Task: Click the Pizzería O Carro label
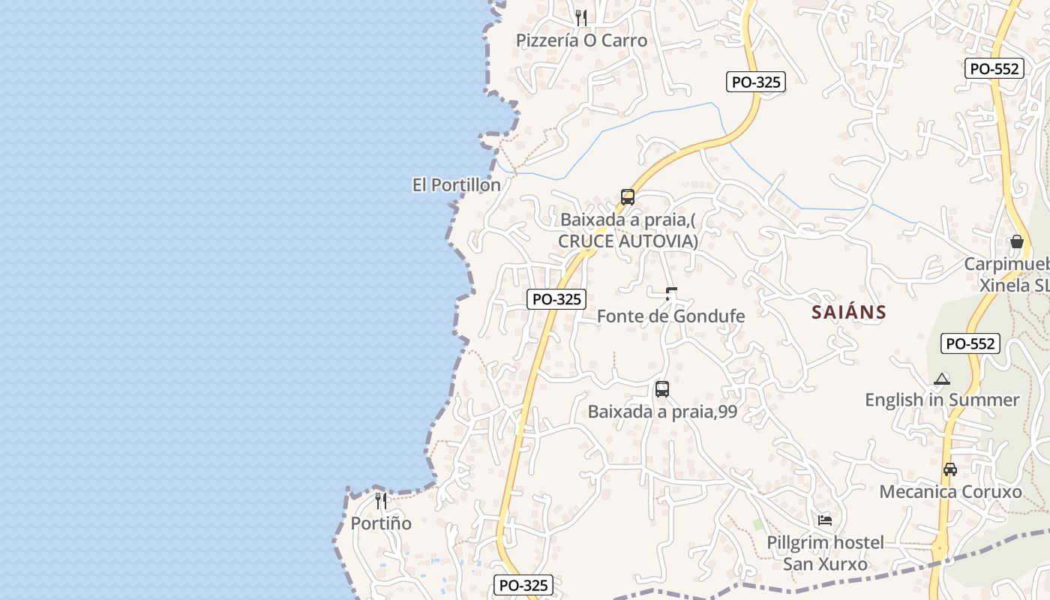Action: click(x=581, y=40)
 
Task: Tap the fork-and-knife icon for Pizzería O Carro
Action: click(x=581, y=17)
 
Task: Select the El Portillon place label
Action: click(x=456, y=184)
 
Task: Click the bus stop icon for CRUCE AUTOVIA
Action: click(x=628, y=197)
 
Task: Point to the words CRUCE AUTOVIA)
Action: click(x=628, y=241)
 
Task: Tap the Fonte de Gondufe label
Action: click(x=670, y=316)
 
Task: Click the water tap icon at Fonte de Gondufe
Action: click(x=671, y=293)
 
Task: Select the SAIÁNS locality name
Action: click(x=849, y=312)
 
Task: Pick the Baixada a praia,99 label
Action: click(x=662, y=412)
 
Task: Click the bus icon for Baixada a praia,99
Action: click(x=661, y=388)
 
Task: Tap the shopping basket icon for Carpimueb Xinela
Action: click(x=1016, y=241)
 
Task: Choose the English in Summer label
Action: click(x=942, y=400)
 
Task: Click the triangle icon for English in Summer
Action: click(x=942, y=379)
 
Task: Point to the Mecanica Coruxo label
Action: click(x=950, y=492)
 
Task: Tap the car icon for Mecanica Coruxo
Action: click(x=950, y=469)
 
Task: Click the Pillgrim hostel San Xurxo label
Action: click(x=825, y=553)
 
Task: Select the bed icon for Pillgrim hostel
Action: click(x=825, y=520)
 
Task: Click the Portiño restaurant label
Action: click(x=381, y=523)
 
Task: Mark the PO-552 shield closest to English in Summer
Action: click(x=970, y=343)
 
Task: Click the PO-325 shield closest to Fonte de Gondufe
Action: click(x=556, y=298)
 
